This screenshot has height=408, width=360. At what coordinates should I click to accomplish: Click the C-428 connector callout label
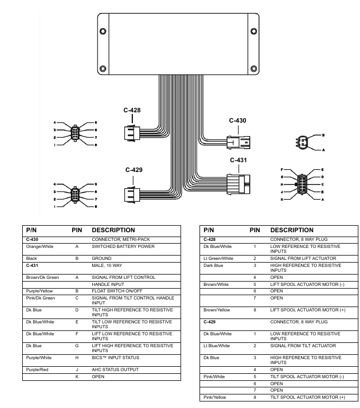(132, 110)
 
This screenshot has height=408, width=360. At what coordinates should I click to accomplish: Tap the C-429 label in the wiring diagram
(134, 170)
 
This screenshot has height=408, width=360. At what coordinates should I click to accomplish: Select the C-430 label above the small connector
(237, 120)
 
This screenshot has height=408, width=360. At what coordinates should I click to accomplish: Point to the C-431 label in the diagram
(239, 160)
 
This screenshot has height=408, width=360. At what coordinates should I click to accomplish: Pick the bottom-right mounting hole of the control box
(253, 68)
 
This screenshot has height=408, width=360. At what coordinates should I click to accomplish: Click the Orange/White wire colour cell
(38, 246)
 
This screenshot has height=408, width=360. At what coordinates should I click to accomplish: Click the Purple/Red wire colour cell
(37, 369)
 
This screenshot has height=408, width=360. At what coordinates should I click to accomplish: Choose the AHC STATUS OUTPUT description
(115, 369)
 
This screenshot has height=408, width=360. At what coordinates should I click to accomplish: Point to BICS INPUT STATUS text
(115, 357)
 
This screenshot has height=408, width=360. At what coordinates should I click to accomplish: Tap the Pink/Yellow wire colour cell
(215, 397)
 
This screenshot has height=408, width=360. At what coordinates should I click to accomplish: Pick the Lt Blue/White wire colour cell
(216, 346)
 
